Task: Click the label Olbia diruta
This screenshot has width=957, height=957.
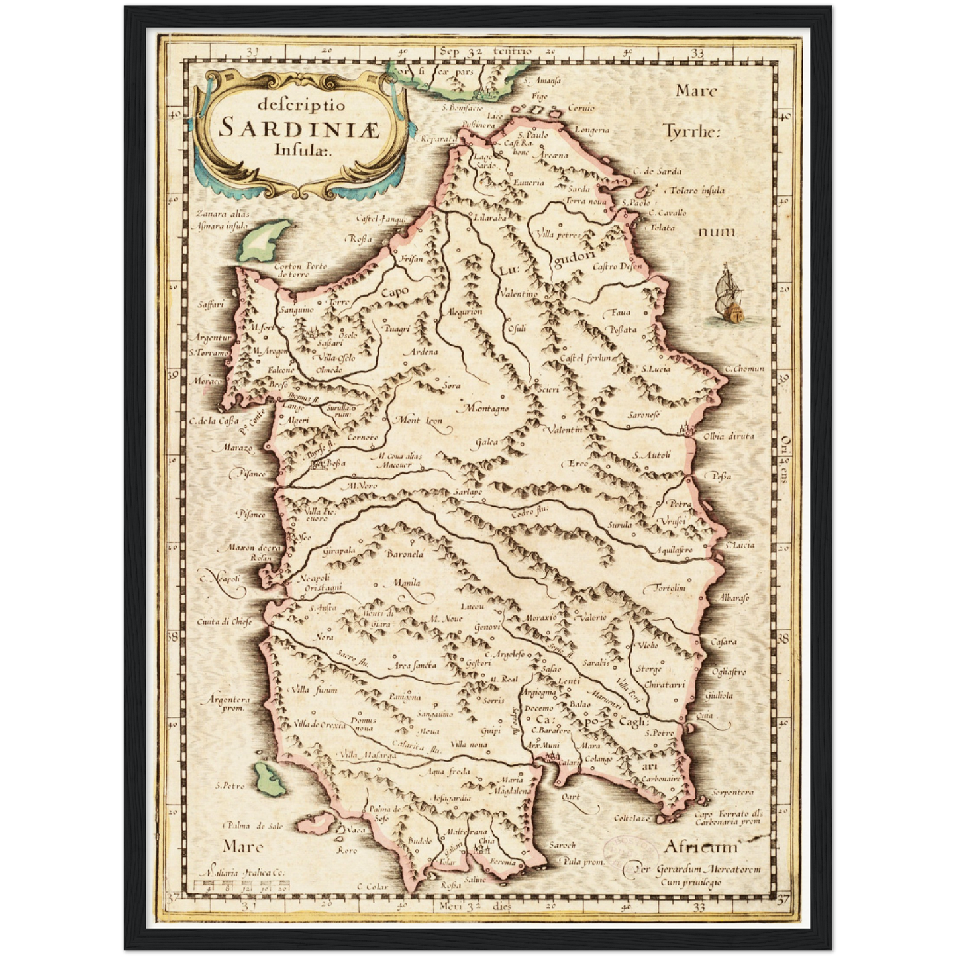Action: click(729, 436)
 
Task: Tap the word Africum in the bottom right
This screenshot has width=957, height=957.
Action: click(699, 847)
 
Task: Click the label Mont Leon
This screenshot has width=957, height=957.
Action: click(419, 420)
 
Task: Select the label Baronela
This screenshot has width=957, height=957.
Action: click(405, 554)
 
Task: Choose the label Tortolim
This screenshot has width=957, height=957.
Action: click(669, 588)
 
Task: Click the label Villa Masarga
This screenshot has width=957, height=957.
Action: click(367, 755)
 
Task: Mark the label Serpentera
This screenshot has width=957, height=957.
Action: click(732, 792)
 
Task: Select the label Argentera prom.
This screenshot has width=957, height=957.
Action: click(228, 703)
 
